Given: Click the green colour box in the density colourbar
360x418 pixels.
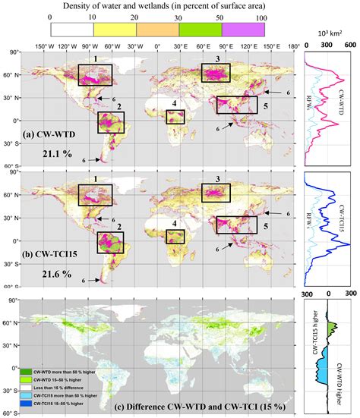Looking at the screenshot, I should click(201, 30).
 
